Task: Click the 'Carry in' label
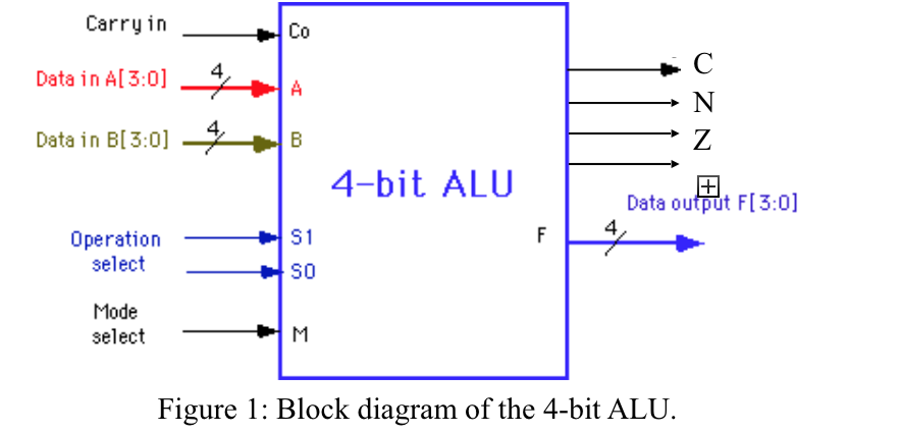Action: click(x=126, y=24)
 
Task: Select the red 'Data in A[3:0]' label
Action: click(x=101, y=79)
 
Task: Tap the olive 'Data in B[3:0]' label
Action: click(x=102, y=140)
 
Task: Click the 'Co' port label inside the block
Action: click(x=299, y=32)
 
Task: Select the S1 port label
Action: click(x=302, y=237)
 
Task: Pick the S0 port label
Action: click(x=303, y=271)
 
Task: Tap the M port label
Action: click(x=300, y=335)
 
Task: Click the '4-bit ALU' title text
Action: click(x=422, y=184)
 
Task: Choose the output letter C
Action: click(x=702, y=63)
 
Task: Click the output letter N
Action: click(x=703, y=102)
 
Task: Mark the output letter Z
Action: click(x=702, y=140)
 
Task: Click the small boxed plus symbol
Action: click(x=708, y=186)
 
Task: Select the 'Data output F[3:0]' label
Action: click(x=712, y=203)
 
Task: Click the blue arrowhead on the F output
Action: click(x=687, y=243)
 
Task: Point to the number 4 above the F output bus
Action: click(x=610, y=228)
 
